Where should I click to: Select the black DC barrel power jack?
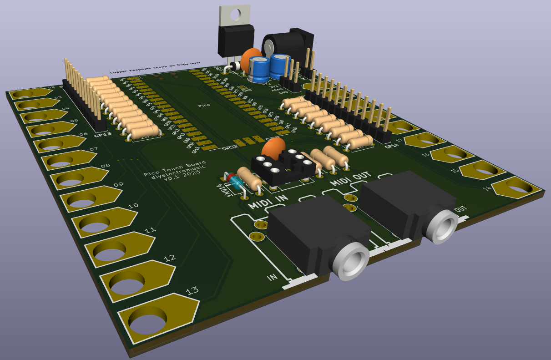pos(287,43)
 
